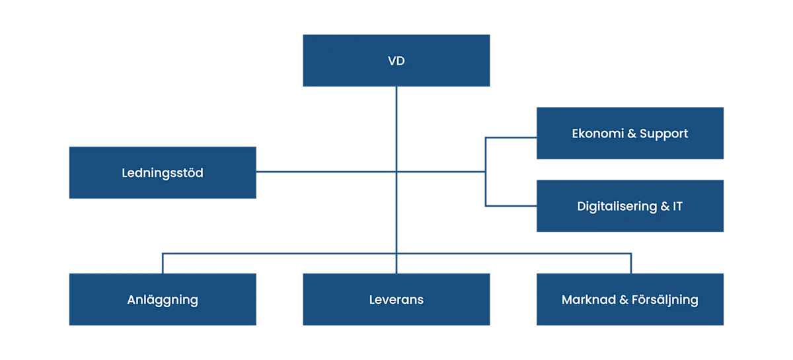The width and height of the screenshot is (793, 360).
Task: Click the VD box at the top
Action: [396, 61]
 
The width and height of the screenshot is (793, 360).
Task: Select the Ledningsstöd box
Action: [163, 173]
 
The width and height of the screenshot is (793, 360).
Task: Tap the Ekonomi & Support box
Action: [630, 133]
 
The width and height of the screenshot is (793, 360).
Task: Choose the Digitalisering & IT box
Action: [630, 206]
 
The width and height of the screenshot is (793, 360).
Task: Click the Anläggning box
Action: [163, 299]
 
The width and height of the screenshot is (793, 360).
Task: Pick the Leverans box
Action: [396, 299]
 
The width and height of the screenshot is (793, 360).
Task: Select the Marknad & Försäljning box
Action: [630, 299]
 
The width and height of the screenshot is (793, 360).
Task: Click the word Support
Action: [663, 134]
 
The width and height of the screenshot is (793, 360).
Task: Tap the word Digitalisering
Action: [617, 206]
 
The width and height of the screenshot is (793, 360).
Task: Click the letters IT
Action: [677, 206]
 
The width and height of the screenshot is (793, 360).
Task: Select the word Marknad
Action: [589, 300]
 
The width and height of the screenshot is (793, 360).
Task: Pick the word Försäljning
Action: [665, 300]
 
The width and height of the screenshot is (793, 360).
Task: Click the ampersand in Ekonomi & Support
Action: [632, 133]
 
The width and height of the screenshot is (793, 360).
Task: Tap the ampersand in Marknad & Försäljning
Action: [624, 300]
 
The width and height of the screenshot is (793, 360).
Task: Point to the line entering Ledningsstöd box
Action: [326, 172]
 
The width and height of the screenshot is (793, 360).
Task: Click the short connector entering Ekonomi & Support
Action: [511, 137]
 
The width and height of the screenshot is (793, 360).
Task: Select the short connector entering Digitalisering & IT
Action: [511, 205]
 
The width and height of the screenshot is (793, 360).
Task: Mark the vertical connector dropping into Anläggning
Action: [163, 264]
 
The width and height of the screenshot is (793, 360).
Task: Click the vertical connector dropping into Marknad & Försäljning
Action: [631, 264]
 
